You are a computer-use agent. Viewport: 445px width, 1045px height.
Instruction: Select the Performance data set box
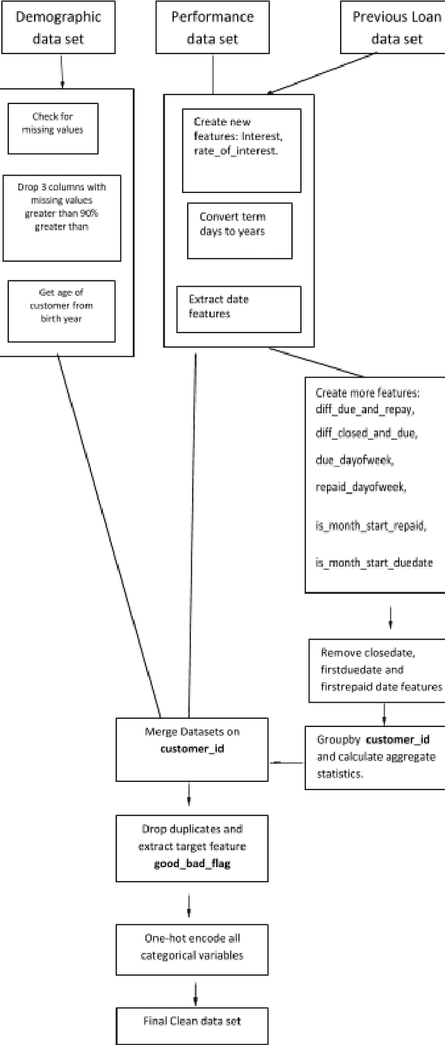coord(213,27)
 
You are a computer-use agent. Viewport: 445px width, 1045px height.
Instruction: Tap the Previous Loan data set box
coord(394,27)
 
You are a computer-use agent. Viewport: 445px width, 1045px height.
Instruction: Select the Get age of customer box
coord(60,311)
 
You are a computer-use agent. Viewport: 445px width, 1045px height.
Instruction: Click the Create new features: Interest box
coord(241,150)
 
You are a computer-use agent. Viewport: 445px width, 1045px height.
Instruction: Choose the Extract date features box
coord(238,308)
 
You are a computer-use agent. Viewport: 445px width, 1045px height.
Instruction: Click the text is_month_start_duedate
coord(374,563)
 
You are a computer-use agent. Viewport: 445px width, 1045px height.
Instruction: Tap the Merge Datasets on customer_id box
coord(193,739)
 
